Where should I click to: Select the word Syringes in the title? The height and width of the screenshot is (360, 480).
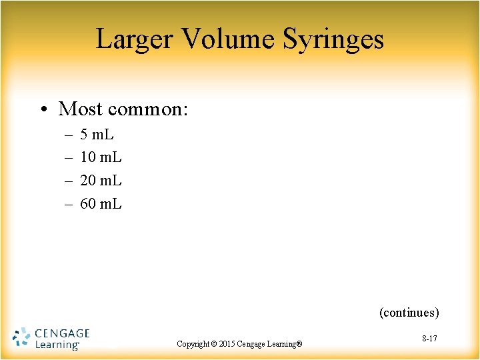pyautogui.click(x=333, y=39)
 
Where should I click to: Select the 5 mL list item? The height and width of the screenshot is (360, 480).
pyautogui.click(x=97, y=135)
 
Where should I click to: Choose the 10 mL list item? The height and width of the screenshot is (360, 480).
pyautogui.click(x=101, y=158)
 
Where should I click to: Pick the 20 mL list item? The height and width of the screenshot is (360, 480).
pyautogui.click(x=101, y=181)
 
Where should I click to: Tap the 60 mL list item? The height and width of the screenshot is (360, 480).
pyautogui.click(x=101, y=203)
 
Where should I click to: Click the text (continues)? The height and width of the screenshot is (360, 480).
pyautogui.click(x=409, y=312)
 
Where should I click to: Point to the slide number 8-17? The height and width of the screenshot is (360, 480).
pyautogui.click(x=429, y=339)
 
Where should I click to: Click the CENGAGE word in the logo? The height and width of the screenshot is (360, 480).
pyautogui.click(x=61, y=333)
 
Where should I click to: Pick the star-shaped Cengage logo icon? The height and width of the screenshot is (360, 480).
pyautogui.click(x=21, y=338)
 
